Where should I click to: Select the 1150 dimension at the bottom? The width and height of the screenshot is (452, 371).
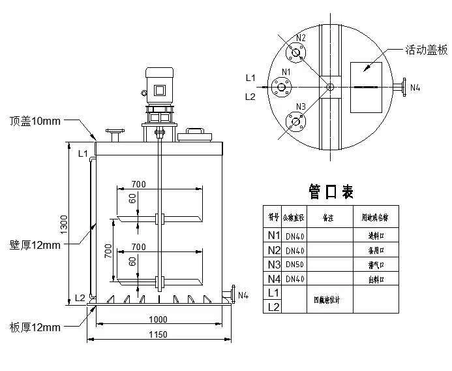[x=158, y=334]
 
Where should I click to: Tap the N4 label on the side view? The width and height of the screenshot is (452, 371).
[x=243, y=295]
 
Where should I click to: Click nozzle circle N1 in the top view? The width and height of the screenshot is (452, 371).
[x=282, y=86]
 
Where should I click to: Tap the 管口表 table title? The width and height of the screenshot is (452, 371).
[x=331, y=191]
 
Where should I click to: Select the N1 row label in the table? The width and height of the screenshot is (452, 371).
[x=273, y=235]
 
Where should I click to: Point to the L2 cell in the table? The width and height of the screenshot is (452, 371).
[x=273, y=306]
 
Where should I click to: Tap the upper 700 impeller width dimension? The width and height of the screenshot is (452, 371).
[x=138, y=182]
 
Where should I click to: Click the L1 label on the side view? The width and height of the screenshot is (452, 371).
[x=82, y=153]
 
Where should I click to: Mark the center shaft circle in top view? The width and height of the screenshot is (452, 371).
[x=329, y=86]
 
